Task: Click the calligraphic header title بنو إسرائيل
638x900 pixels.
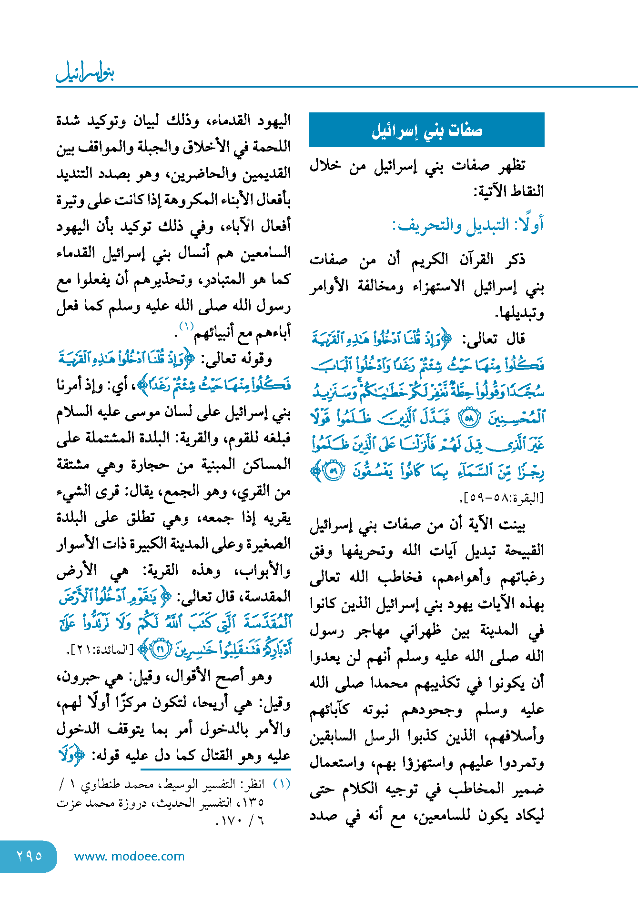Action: tap(85, 72)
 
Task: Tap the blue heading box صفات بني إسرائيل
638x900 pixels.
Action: tap(426, 130)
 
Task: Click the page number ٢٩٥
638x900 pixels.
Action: tap(29, 856)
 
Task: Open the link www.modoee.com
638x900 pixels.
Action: tap(129, 856)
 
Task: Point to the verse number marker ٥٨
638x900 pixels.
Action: tap(469, 418)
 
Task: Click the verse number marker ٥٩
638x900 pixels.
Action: tap(334, 471)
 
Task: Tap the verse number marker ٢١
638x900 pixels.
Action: tap(161, 650)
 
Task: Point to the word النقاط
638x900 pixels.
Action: tap(525, 191)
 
